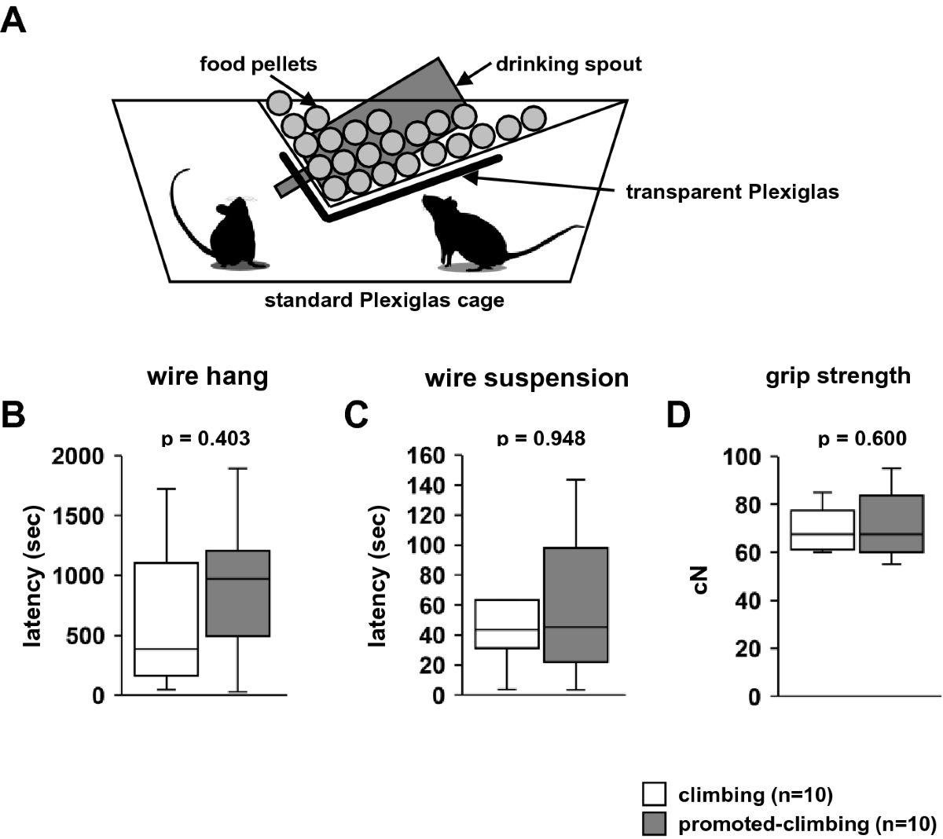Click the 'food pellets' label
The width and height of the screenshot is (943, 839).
(259, 64)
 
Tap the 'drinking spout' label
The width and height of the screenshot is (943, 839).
(568, 64)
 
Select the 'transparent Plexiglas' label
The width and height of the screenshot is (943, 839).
(732, 191)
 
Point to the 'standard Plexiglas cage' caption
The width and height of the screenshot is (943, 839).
(384, 300)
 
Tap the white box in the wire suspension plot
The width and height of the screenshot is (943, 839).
(508, 624)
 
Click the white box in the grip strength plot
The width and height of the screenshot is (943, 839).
(823, 530)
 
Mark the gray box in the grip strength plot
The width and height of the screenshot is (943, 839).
(891, 524)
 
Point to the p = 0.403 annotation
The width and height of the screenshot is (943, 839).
(206, 438)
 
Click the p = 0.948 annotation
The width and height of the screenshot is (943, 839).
(541, 438)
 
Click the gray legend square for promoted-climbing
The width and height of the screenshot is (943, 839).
(655, 823)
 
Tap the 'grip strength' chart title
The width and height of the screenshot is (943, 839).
(838, 376)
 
